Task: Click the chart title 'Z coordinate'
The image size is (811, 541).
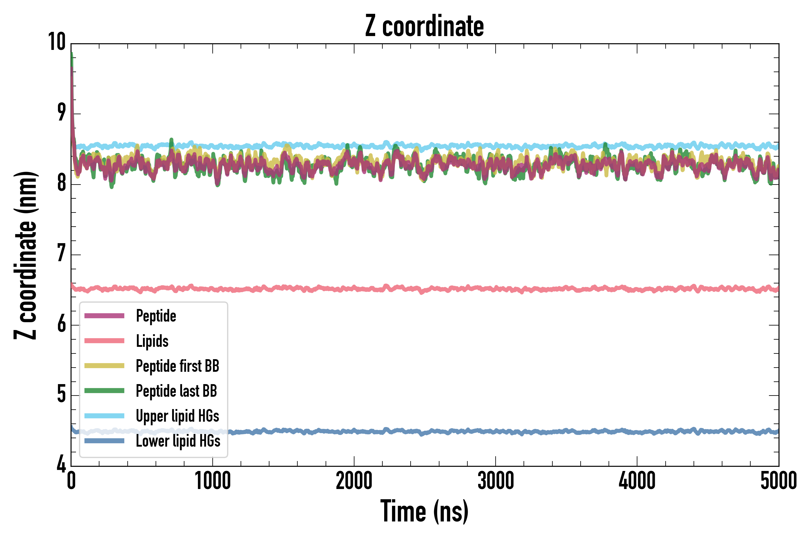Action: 424,26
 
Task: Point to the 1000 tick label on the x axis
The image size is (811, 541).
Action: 213,481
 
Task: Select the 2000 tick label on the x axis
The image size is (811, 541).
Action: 354,481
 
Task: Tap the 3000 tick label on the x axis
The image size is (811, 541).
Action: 496,481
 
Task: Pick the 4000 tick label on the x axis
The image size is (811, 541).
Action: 637,481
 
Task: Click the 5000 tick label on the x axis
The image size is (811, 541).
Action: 778,481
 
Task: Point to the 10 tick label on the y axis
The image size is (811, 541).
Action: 56,42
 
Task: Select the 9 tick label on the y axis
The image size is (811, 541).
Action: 61,113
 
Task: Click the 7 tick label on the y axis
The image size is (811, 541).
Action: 61,254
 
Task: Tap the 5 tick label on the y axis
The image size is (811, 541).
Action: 61,394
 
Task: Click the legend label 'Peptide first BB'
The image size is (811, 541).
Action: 178,366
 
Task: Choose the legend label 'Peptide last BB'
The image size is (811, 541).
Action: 177,391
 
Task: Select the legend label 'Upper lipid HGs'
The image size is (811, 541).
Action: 178,416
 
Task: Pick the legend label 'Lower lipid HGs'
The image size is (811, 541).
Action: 178,441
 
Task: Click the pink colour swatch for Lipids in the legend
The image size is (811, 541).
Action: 104,341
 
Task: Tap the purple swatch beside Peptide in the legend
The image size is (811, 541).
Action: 104,316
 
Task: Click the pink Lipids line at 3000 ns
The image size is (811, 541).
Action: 496,289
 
